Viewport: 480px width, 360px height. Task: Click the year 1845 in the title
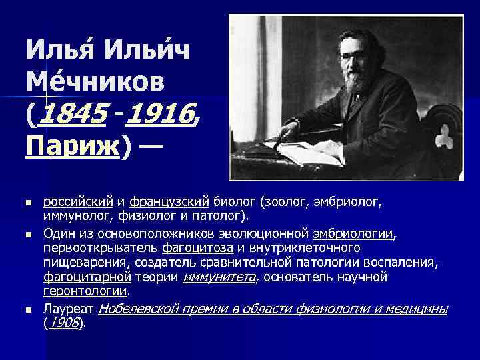click(73, 118)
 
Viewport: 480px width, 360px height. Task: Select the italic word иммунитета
click(217, 277)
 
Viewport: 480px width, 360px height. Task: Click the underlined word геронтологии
click(85, 291)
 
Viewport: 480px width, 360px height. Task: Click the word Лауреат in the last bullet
click(69, 309)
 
